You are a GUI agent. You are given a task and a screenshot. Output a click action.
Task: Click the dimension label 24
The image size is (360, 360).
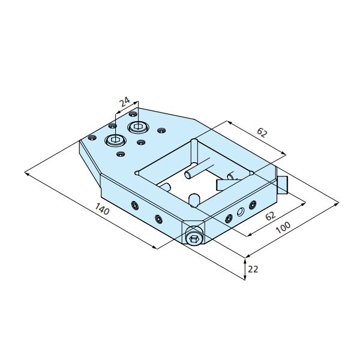tap(125, 102)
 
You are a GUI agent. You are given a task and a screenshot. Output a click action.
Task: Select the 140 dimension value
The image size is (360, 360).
tap(102, 209)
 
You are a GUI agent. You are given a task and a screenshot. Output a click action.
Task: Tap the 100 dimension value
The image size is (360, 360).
tap(283, 227)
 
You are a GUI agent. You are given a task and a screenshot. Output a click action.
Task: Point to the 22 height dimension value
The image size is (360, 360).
tap(253, 269)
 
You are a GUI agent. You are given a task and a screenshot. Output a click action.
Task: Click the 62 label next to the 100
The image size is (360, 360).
tap(270, 215)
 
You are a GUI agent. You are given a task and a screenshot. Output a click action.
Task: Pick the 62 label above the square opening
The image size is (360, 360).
tap(262, 133)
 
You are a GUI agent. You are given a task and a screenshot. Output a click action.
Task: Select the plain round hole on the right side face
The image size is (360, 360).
tap(241, 211)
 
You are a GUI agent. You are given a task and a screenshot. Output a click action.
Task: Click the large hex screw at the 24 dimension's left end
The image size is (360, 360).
tap(115, 140)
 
